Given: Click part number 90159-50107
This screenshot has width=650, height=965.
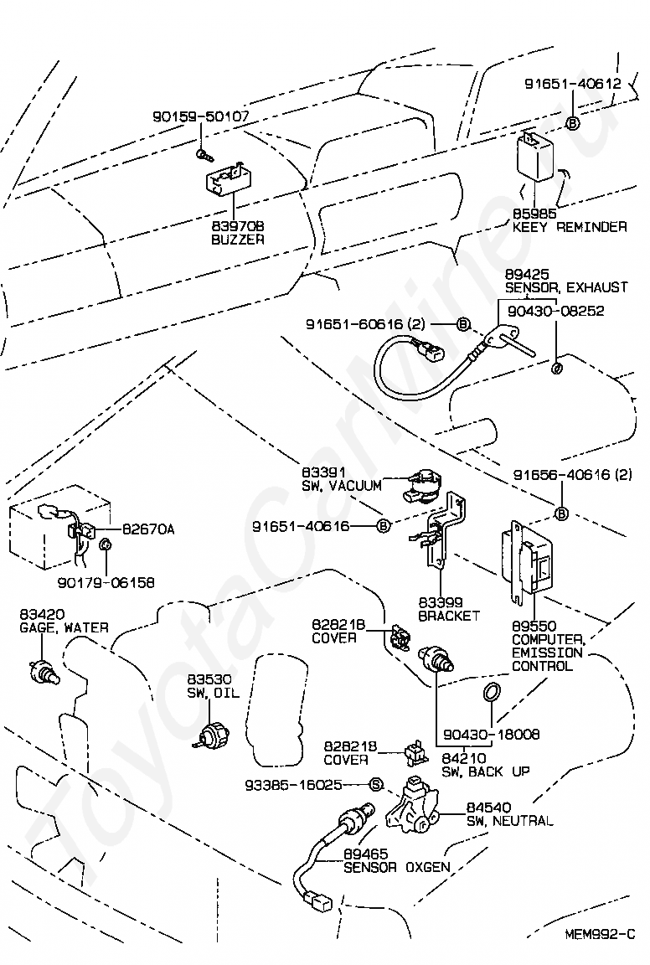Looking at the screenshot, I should (x=200, y=117).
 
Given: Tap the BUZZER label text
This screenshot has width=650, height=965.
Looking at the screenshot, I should (x=236, y=239).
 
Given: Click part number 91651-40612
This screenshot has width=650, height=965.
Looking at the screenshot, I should (x=572, y=84).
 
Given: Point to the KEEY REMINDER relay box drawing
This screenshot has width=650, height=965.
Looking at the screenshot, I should (x=534, y=157).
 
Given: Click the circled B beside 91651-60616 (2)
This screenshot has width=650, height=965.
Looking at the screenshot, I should (x=462, y=324).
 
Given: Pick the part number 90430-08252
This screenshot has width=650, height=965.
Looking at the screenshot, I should (x=555, y=311).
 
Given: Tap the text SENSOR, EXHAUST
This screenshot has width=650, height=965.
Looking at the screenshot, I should (x=565, y=287).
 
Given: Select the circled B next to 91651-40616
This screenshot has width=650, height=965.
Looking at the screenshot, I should (x=383, y=526).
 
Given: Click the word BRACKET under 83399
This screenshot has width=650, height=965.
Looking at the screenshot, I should (x=449, y=616).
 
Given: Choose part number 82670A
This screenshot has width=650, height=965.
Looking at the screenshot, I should (x=148, y=529).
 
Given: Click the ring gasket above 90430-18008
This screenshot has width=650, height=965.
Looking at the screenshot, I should (x=493, y=692).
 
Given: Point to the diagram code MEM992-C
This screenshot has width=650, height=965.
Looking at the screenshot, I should (x=600, y=934).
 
